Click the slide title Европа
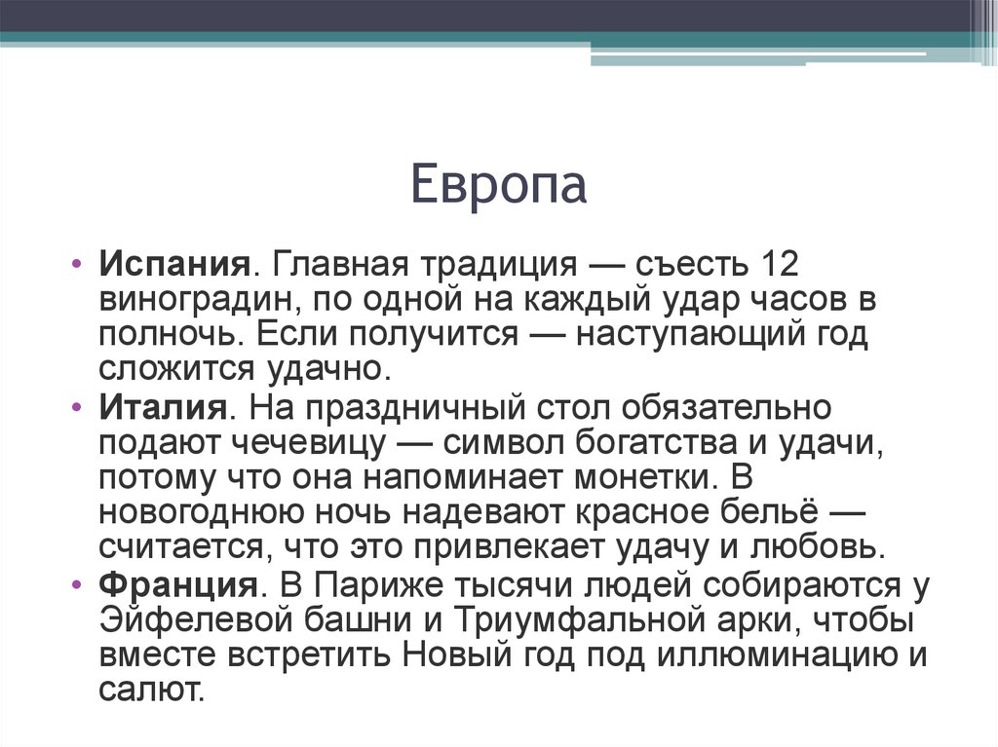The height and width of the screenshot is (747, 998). click(498, 185)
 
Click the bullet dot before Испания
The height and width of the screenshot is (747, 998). click(77, 265)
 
